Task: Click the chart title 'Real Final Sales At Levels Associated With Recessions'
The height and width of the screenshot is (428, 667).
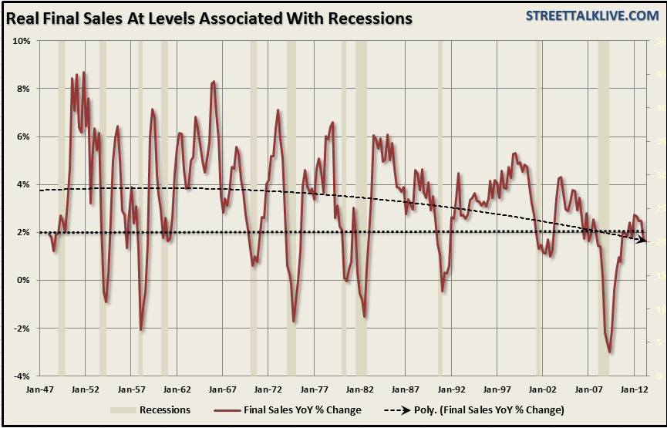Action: tap(209, 17)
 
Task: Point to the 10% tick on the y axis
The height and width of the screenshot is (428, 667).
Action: tap(21, 41)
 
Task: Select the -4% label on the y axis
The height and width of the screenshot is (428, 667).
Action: tap(21, 376)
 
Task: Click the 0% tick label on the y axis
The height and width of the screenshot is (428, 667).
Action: tap(23, 281)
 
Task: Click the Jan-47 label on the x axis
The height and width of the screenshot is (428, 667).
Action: tap(39, 390)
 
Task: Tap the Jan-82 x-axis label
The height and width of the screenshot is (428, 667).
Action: tap(359, 390)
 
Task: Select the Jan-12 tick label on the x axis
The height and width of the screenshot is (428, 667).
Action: tap(635, 390)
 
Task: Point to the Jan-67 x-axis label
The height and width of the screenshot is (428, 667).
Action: tap(222, 390)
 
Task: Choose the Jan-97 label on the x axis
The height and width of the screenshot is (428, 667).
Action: tap(497, 390)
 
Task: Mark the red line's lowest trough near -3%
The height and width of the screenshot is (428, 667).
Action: tap(610, 352)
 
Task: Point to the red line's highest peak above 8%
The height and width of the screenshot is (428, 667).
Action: tap(83, 72)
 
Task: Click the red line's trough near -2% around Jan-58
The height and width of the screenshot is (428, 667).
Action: tap(140, 329)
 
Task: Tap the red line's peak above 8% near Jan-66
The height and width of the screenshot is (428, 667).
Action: tap(214, 81)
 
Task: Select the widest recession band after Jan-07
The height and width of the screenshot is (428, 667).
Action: tap(603, 208)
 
